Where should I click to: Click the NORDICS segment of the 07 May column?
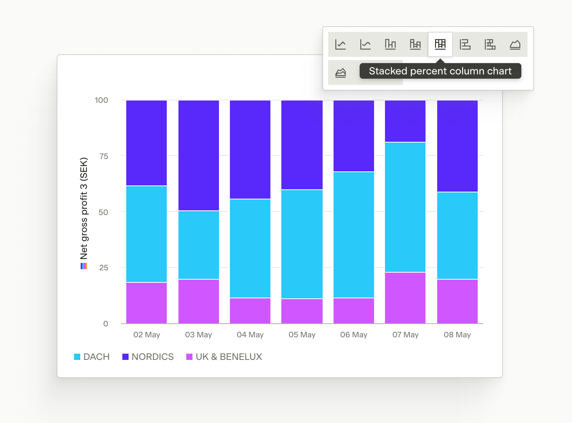405,121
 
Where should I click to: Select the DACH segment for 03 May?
199,245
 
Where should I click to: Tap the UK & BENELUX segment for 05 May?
302,311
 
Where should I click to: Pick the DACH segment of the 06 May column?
353,235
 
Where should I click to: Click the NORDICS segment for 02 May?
147,143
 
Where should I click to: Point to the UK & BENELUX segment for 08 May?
457,301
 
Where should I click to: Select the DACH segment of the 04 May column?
250,249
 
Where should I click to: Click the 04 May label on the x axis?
250,335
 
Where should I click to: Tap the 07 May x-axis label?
405,335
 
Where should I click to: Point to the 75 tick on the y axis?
104,156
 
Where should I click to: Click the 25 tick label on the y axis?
104,268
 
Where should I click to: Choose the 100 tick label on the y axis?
101,100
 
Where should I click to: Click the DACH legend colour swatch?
77,357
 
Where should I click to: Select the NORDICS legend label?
153,357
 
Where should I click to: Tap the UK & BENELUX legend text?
229,357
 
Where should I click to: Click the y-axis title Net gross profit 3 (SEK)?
84,208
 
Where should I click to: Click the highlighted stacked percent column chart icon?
440,44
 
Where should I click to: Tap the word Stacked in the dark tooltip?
388,71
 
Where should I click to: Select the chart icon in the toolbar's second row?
341,73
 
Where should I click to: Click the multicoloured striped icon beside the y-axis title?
84,266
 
